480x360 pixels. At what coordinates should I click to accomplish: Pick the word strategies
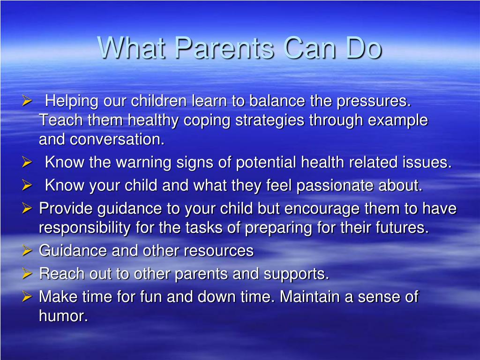pos(270,120)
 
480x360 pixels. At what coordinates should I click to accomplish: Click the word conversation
pos(117,139)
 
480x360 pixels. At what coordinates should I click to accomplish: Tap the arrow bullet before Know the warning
pos(27,162)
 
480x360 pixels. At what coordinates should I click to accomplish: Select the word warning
pos(143,162)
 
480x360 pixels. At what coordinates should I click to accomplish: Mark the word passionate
pos(335,186)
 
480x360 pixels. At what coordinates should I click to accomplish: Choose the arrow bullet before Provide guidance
pos(27,209)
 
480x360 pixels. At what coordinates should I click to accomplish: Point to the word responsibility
pos(85,228)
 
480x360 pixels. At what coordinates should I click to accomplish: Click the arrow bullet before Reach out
pos(27,273)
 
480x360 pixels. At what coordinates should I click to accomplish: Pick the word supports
pos(296,274)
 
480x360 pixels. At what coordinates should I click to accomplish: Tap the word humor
pos(63,315)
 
